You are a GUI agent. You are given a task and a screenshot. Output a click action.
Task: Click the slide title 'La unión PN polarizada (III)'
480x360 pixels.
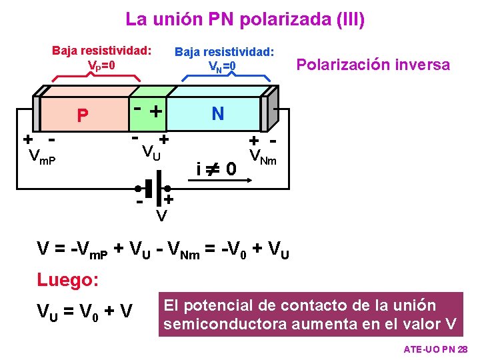(x=245, y=19)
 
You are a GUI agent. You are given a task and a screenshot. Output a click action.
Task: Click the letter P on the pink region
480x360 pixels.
(x=82, y=117)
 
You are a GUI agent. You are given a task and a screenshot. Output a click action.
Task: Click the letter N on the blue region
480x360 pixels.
(x=217, y=114)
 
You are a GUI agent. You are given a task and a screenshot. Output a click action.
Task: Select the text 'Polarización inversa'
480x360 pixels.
(x=373, y=65)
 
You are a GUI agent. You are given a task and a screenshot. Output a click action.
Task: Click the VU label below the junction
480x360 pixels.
(x=151, y=153)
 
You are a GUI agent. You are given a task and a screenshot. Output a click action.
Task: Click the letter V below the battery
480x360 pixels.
(x=161, y=215)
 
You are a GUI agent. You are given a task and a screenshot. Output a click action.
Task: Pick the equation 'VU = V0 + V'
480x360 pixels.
(x=85, y=311)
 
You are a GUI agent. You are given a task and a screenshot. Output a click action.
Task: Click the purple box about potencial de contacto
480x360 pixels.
(x=311, y=315)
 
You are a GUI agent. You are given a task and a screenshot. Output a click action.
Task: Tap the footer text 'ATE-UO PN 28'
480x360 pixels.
(x=436, y=350)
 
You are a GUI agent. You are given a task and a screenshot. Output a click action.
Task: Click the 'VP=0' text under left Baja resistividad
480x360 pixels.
(x=101, y=66)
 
